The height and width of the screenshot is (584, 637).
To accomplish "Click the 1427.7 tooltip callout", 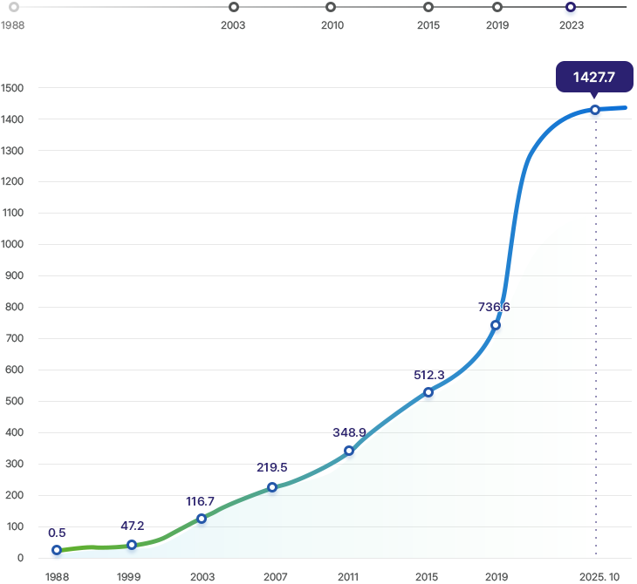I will point(593,78).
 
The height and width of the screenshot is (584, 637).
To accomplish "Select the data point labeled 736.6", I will point(496,325).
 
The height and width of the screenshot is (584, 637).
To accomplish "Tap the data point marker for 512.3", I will point(428,392).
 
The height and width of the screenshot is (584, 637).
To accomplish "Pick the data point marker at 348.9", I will point(349,451).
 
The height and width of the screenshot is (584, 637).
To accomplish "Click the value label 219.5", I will point(272,468).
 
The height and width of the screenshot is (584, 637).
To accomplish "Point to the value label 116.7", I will point(201,501).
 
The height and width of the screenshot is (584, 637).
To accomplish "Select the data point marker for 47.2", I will point(132,546).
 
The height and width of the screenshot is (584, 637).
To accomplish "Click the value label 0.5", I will point(58,533).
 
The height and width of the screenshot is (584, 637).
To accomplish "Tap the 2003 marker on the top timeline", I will point(233,8).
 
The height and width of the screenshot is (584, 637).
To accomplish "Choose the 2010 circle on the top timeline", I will point(331,8).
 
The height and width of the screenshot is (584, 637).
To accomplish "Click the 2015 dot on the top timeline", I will point(428,8).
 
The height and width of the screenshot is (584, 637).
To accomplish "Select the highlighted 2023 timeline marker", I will point(570,9).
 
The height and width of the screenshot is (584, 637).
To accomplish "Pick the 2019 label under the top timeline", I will point(497,26).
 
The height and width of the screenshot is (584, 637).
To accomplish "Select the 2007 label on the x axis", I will point(275,577).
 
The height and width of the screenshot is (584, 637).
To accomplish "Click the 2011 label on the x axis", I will point(348,577).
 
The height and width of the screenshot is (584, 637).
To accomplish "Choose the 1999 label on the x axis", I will point(128,577).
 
